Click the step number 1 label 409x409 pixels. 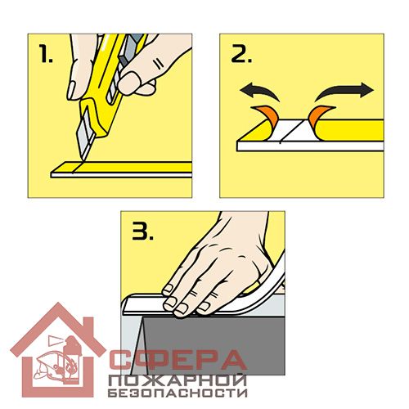pos(45,53)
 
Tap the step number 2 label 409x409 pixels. pos(241,53)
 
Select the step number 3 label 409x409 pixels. pos(143,231)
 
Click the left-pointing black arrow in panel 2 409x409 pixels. pos(259,92)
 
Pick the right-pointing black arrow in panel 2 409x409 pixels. pos(344,92)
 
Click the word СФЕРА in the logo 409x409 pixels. pos(178,361)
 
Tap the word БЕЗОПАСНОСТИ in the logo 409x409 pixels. pos(178,393)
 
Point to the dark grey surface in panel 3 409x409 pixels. pos(213,345)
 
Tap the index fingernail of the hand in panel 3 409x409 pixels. pos(167,289)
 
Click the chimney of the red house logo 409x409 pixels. pos(89,326)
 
